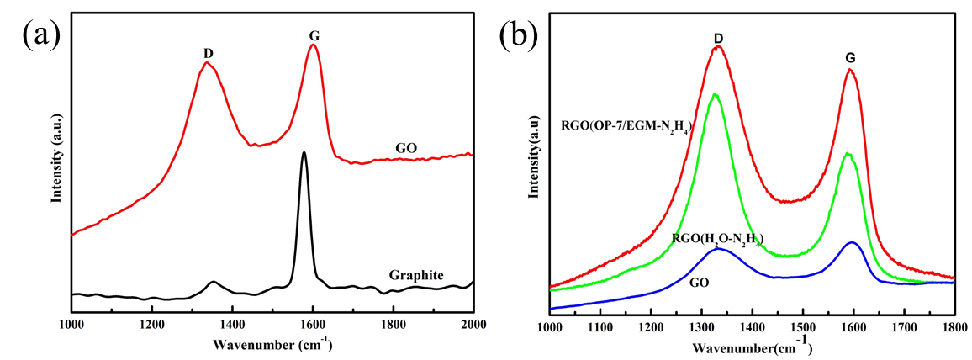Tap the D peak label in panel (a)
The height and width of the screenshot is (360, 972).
pyautogui.click(x=208, y=54)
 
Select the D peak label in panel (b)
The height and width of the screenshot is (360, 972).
pyautogui.click(x=718, y=38)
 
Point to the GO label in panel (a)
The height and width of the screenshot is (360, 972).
pyautogui.click(x=407, y=148)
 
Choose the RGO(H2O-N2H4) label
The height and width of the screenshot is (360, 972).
pyautogui.click(x=717, y=241)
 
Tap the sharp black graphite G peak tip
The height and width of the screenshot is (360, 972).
pyautogui.click(x=304, y=152)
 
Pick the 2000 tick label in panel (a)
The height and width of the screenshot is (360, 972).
pyautogui.click(x=473, y=322)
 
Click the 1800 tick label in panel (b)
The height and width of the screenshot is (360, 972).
pyautogui.click(x=954, y=323)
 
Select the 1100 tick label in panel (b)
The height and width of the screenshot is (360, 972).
pyautogui.click(x=600, y=323)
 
